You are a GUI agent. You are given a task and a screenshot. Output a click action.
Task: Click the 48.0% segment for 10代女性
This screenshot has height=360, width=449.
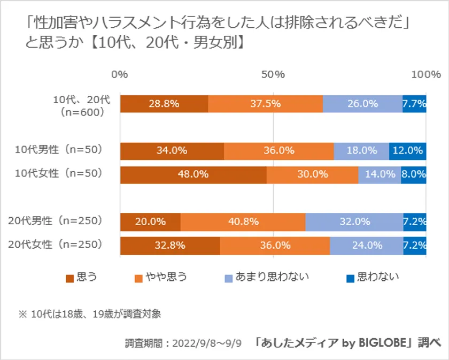coord(193,174)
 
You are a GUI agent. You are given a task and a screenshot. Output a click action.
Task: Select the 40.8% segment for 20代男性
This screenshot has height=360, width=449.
coord(243,221)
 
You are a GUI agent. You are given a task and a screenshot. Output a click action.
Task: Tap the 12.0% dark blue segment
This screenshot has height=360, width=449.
coord(407,151)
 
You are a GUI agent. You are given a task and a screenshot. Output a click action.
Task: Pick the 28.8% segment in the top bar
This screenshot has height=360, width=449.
coord(164,104)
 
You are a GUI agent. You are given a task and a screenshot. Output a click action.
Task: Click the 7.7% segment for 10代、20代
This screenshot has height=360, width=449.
coord(414,104)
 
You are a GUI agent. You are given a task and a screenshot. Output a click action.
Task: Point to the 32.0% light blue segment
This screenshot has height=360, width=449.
coord(354,221)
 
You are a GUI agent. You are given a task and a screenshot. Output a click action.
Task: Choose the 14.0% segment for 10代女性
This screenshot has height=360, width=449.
coord(380,174)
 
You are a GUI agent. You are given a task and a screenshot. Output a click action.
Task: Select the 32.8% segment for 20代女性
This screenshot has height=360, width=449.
coord(170,246)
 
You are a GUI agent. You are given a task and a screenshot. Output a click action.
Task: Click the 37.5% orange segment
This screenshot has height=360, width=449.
coord(265,104)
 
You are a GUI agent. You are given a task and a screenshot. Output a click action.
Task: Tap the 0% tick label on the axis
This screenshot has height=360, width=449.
coord(120,74)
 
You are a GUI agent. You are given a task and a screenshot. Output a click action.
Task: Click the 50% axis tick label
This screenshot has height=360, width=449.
coord(273,74)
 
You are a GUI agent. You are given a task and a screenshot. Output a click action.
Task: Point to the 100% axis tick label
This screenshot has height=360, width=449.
coord(425,74)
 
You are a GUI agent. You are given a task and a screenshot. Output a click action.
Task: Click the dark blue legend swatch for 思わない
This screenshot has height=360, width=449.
coord(350,278)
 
